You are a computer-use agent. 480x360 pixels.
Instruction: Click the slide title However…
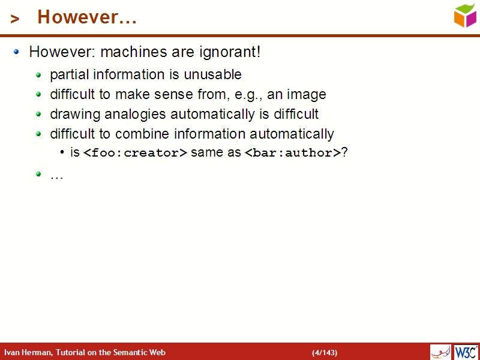(87, 17)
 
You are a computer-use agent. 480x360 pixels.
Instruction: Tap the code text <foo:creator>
(135, 153)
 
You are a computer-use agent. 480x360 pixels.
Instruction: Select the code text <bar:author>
(293, 153)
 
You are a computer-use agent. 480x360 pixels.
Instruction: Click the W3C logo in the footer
(466, 352)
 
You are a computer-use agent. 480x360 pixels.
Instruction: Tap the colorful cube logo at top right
(465, 16)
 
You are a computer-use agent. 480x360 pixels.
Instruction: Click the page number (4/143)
(325, 353)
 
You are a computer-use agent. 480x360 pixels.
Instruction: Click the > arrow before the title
(15, 19)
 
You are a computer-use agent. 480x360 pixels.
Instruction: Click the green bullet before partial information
(38, 75)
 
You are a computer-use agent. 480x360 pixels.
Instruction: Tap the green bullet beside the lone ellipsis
(38, 174)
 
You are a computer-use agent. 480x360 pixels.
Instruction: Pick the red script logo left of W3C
(440, 352)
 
